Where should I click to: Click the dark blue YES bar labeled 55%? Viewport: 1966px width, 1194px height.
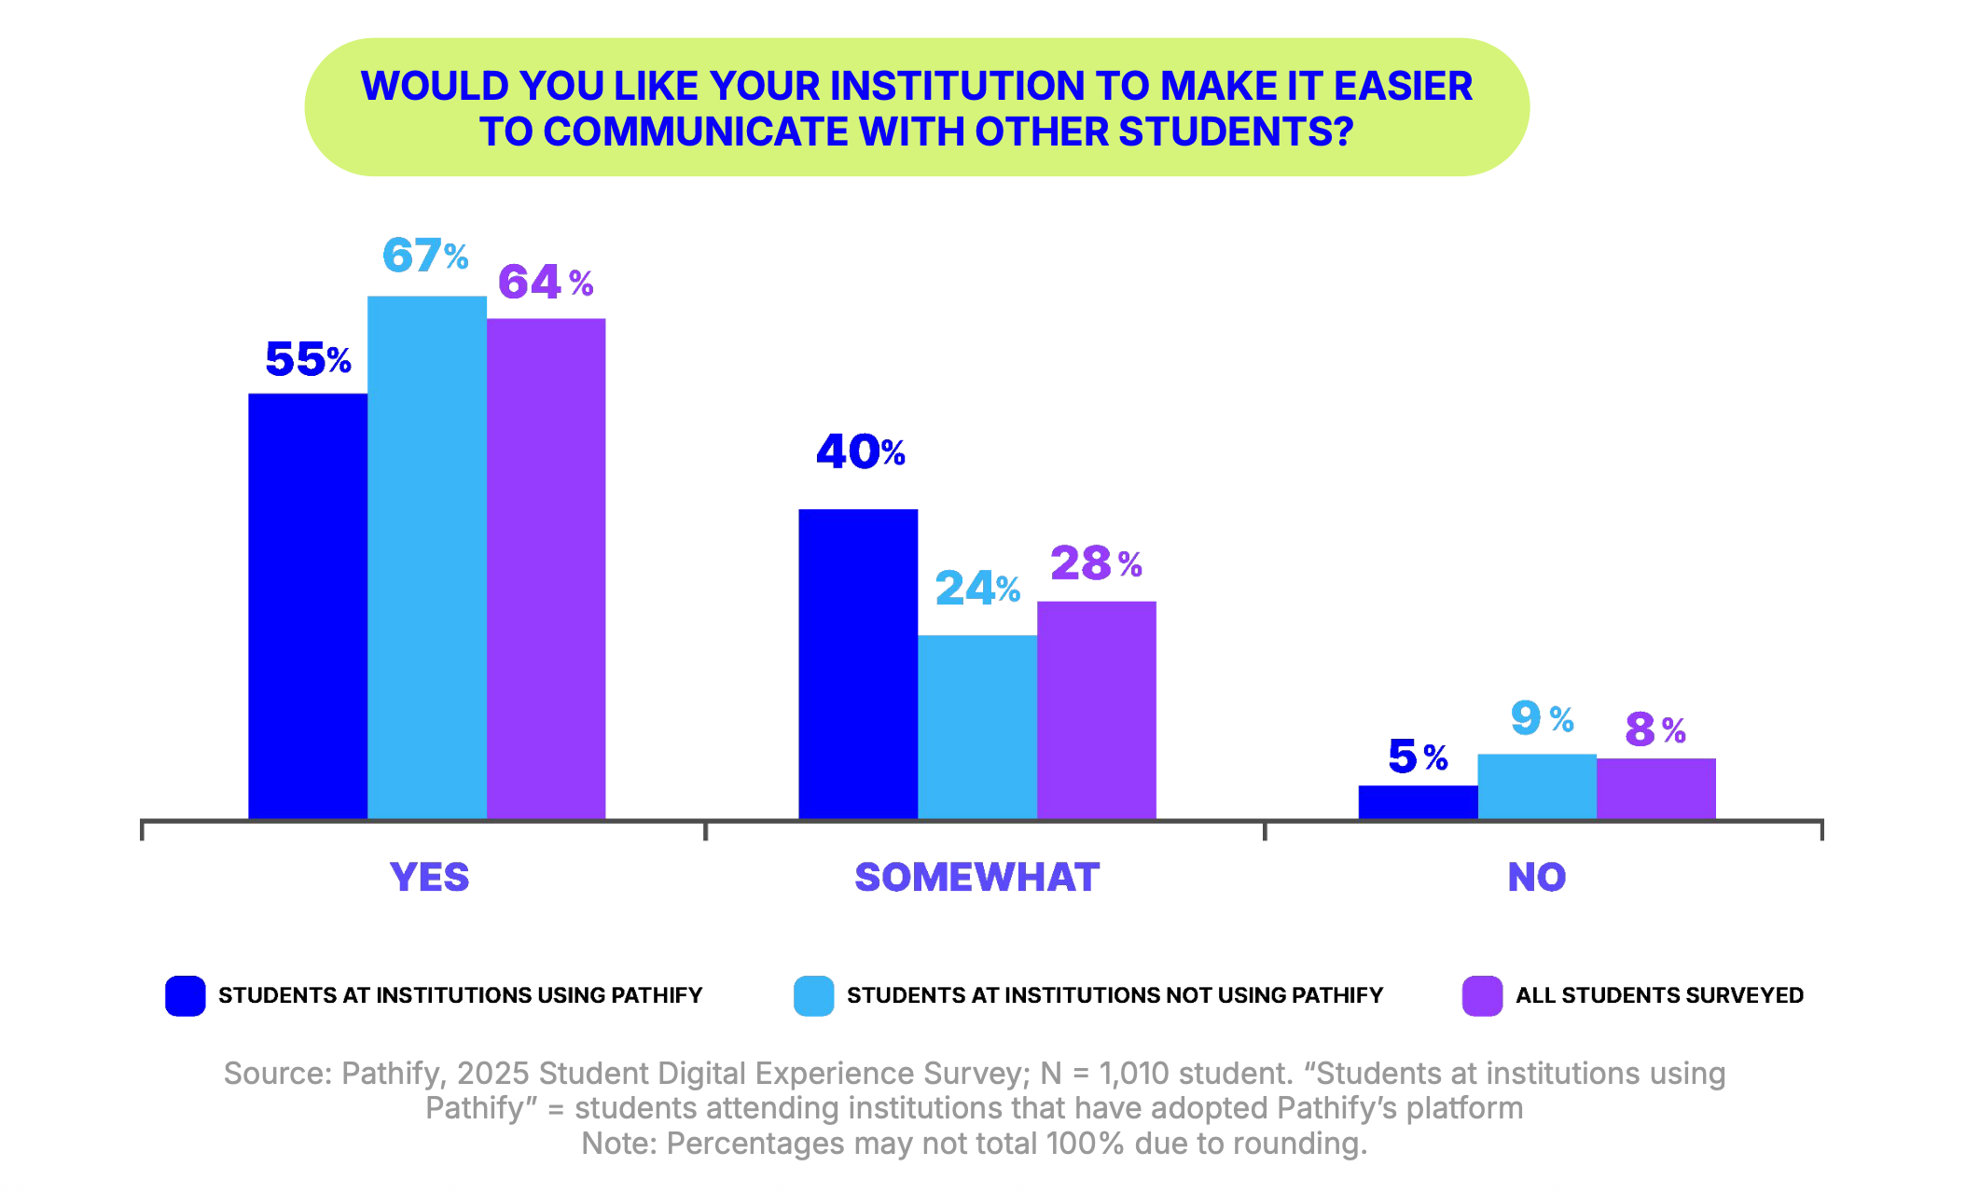308,606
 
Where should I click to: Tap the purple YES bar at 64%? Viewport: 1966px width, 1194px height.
546,569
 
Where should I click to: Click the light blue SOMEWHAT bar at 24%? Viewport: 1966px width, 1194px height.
977,727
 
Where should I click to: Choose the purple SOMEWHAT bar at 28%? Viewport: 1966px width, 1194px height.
1097,710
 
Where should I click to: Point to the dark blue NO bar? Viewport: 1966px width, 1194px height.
1418,802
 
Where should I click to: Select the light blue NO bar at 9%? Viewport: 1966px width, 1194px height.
1537,786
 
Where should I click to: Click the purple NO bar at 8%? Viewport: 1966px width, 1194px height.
1656,788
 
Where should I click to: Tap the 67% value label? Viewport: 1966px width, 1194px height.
425,256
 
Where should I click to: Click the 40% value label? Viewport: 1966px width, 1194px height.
860,452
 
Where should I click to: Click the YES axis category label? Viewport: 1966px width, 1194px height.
429,877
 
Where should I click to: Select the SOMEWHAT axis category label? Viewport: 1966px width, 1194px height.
977,877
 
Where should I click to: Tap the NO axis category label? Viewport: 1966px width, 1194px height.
1537,877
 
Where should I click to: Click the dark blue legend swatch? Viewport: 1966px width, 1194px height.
186,995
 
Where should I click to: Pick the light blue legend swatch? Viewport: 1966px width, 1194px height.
813,995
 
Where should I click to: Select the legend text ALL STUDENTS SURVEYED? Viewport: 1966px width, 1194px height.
1659,995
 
